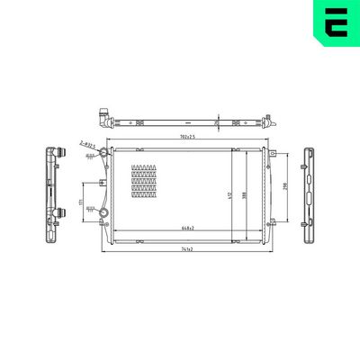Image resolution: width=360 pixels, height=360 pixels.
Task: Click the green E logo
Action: (334, 24)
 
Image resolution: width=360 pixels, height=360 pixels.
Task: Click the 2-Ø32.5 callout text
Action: (89, 142)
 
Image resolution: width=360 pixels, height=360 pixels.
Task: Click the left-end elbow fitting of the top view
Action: (102, 117)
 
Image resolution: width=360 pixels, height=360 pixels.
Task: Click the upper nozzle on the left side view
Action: (62, 153)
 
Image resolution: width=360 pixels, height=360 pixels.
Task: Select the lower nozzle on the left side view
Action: (62, 212)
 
